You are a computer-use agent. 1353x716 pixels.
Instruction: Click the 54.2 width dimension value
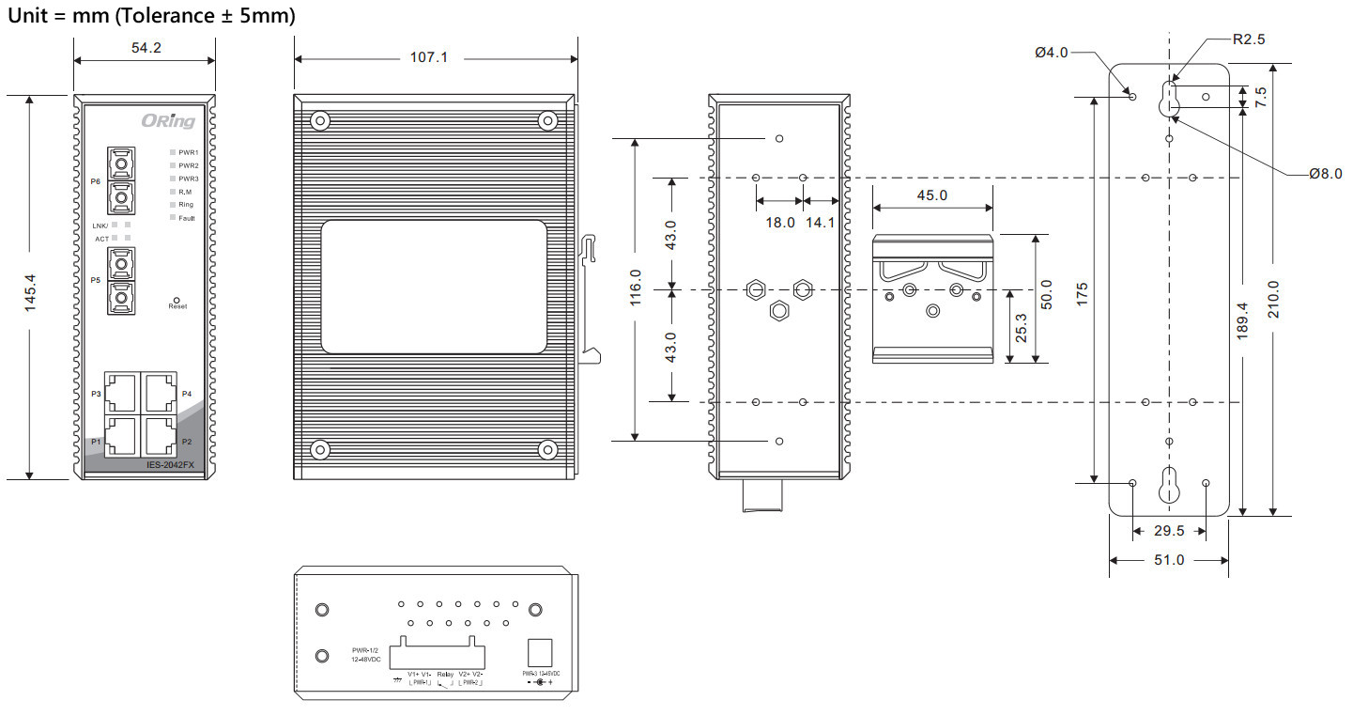pos(146,48)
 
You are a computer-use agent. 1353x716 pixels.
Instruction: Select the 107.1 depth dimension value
pos(430,57)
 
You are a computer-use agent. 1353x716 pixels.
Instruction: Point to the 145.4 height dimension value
pos(30,292)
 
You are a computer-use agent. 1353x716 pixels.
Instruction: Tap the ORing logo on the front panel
pos(168,120)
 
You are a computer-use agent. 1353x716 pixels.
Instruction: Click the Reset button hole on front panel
pos(177,300)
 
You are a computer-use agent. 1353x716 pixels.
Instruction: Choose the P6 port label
pos(96,181)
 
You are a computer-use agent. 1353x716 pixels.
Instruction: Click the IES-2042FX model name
pos(170,464)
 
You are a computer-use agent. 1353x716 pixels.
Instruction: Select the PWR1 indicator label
pos(188,151)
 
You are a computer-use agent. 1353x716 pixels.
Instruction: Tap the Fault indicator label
pos(186,218)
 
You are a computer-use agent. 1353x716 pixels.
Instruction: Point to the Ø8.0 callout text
pos(1326,173)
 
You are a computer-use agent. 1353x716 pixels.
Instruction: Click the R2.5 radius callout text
pos(1249,39)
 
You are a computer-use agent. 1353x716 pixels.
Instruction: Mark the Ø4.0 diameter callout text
pos(1051,53)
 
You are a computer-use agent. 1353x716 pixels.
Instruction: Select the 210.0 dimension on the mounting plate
pos(1274,299)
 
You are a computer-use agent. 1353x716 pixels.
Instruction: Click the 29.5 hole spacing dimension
pos(1169,531)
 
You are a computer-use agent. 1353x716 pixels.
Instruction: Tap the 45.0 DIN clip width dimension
pos(931,195)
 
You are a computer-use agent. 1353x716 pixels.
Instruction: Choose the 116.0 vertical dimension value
pos(637,288)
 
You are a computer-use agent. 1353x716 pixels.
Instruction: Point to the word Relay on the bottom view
pos(445,675)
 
